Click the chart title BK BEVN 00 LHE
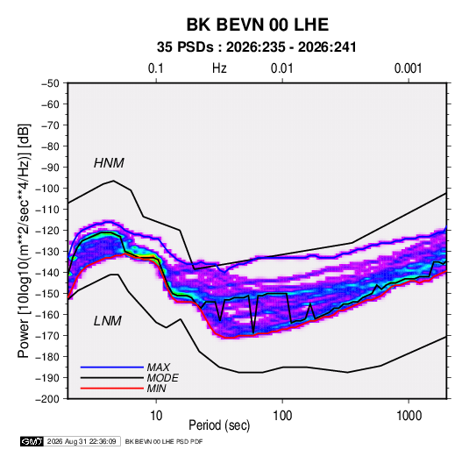tap(258, 25)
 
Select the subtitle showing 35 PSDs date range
tap(257, 47)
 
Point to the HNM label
tap(109, 163)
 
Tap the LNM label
tap(108, 321)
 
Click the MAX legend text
tap(159, 367)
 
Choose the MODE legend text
tap(163, 378)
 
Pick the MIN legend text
tap(156, 389)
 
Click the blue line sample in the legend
tap(112, 367)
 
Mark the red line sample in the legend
tap(112, 389)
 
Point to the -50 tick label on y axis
tap(51, 83)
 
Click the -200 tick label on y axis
tap(48, 399)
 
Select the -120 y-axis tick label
tap(48, 231)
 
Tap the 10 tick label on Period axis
tap(156, 416)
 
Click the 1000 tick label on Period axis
tap(409, 416)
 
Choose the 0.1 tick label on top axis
tap(156, 68)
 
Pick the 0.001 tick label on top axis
tap(408, 68)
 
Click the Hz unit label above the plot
tap(219, 68)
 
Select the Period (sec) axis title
tap(219, 425)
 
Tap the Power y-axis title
tap(24, 240)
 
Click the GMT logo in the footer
tap(32, 441)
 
